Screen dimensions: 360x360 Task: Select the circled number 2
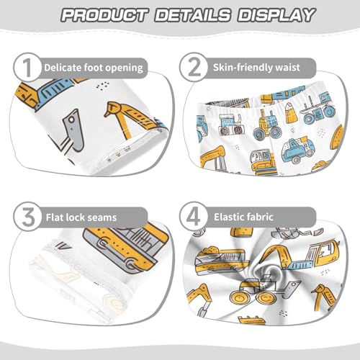click(x=195, y=68)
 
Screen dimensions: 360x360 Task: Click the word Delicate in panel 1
click(x=63, y=68)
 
